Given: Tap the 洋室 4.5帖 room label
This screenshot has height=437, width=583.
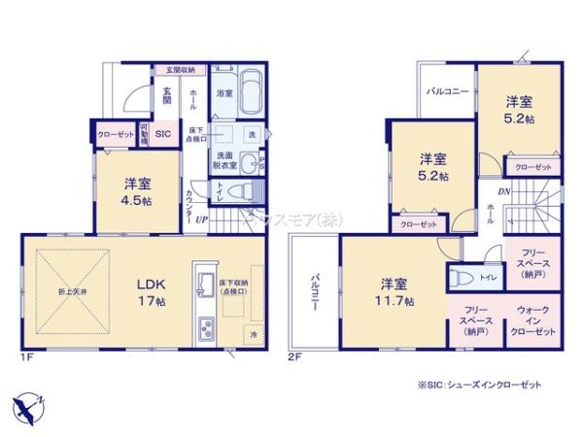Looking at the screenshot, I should (136, 191).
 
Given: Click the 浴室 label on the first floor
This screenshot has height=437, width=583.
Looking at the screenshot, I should (223, 93).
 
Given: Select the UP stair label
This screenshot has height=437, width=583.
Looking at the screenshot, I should (201, 219).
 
